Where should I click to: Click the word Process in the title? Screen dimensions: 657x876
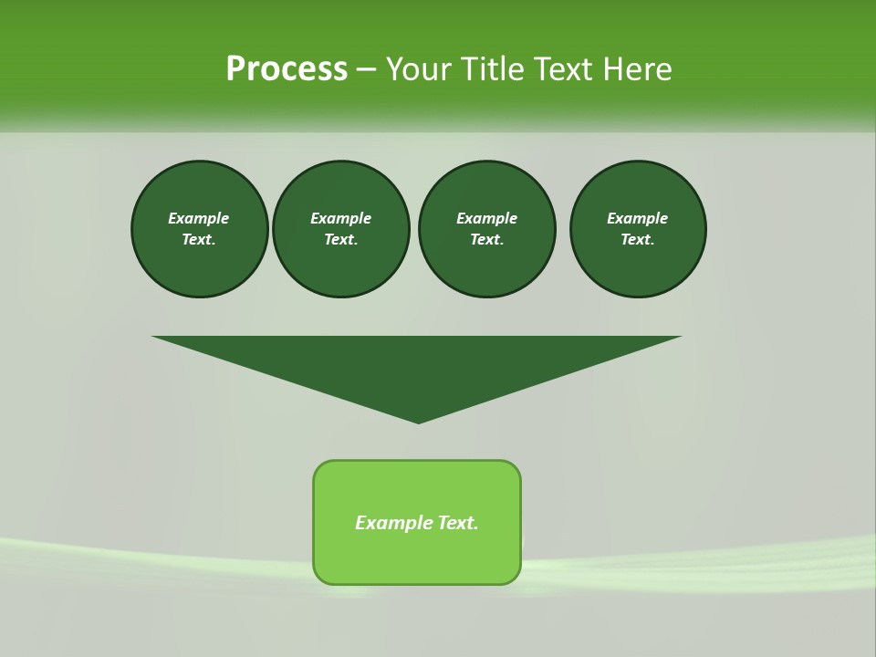tap(287, 69)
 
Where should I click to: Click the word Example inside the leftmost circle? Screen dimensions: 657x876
tap(199, 218)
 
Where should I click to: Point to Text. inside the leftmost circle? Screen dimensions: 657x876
tap(199, 240)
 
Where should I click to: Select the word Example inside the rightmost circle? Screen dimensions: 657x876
tap(637, 218)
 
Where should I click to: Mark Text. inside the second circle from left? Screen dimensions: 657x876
tap(340, 240)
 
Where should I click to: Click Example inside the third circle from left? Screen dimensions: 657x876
tap(486, 218)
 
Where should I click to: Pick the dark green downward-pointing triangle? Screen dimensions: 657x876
tap(418, 365)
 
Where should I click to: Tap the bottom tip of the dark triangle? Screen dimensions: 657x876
tap(418, 420)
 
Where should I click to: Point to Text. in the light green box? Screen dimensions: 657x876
tap(457, 523)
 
